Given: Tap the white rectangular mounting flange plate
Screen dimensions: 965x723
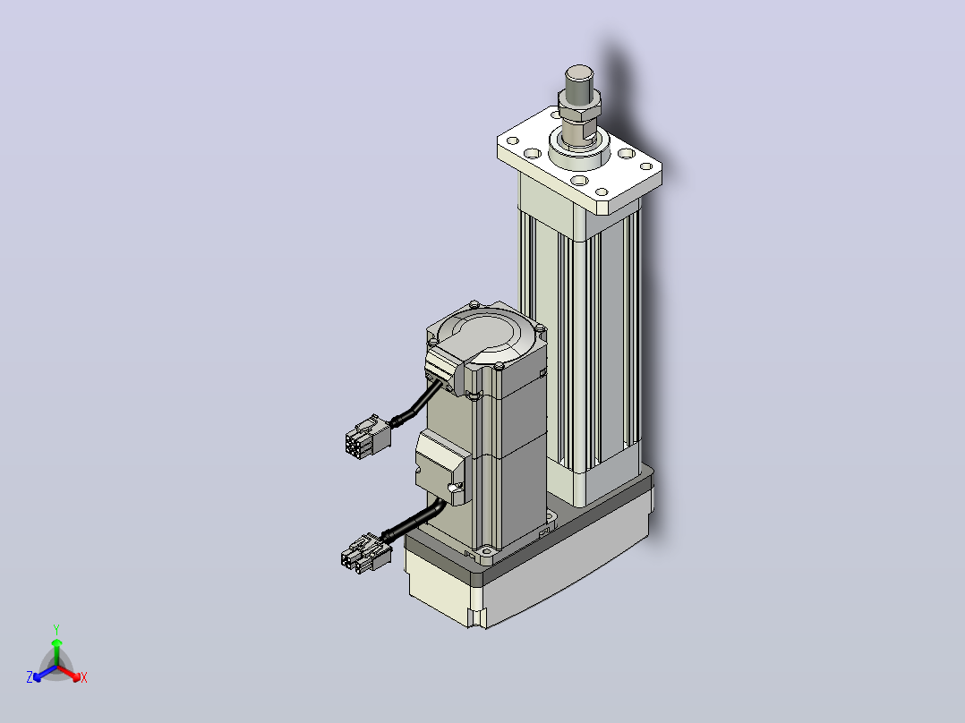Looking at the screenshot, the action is point(579,160).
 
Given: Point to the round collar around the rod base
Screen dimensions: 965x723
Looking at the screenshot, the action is point(578,150).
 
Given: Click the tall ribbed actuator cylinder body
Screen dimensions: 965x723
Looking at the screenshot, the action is point(580,344).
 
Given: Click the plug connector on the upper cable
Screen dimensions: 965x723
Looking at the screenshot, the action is point(368,434).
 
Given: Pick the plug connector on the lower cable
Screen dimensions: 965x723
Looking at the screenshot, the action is point(365,551).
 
